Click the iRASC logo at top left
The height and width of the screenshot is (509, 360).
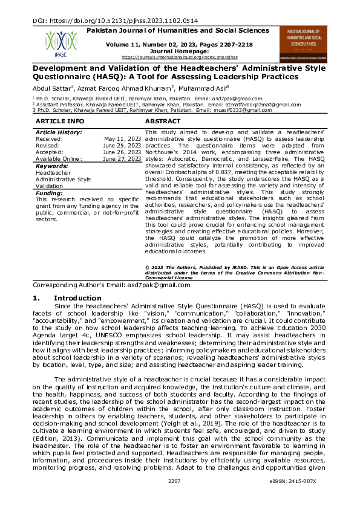pos(56,44)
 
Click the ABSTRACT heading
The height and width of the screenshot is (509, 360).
pos(163,122)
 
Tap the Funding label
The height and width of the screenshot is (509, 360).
pos(50,193)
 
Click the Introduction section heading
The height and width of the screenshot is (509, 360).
pos(77,298)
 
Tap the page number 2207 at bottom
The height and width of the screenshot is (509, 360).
pos(175,498)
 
